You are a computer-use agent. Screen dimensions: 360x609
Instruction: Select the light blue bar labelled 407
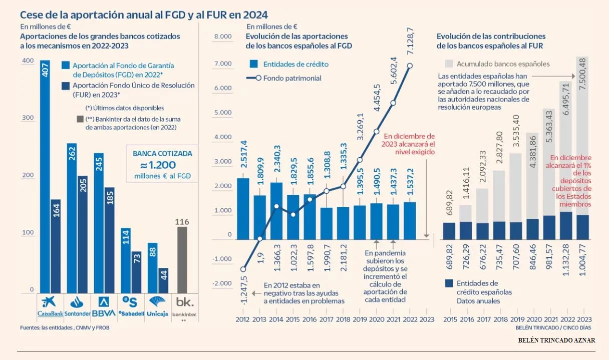[45, 175]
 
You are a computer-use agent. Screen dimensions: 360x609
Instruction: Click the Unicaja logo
[158, 305]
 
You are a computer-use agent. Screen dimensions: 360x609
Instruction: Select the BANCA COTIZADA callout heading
[162, 154]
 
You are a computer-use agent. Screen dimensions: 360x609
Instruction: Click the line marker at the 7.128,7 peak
[410, 66]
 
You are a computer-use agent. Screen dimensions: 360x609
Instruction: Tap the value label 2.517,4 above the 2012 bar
[243, 156]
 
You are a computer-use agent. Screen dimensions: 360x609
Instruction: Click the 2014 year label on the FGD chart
[276, 319]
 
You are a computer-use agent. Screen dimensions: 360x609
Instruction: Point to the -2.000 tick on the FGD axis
[223, 283]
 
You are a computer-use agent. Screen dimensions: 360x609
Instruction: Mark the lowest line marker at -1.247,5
[243, 269]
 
